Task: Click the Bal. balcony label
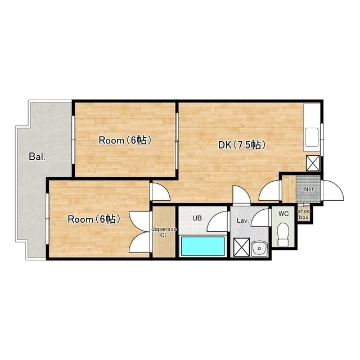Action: pyautogui.click(x=37, y=156)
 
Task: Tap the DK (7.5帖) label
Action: pyautogui.click(x=241, y=145)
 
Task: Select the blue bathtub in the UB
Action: pyautogui.click(x=203, y=246)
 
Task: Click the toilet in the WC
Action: pyautogui.click(x=283, y=235)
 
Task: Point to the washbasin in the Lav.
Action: pyautogui.click(x=259, y=249)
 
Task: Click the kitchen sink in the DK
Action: pyautogui.click(x=311, y=137)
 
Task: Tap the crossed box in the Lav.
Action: pyautogui.click(x=241, y=247)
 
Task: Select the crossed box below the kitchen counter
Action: pyautogui.click(x=313, y=163)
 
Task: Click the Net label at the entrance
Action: pyautogui.click(x=309, y=190)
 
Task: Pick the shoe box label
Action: pyautogui.click(x=304, y=214)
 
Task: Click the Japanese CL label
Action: pyautogui.click(x=164, y=232)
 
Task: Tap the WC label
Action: pyautogui.click(x=283, y=214)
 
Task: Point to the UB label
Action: pyautogui.click(x=197, y=218)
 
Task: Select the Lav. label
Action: pyautogui.click(x=243, y=221)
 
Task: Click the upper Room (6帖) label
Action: pyautogui.click(x=125, y=140)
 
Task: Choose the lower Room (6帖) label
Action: pyautogui.click(x=94, y=219)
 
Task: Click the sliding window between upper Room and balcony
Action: pyautogui.click(x=73, y=140)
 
